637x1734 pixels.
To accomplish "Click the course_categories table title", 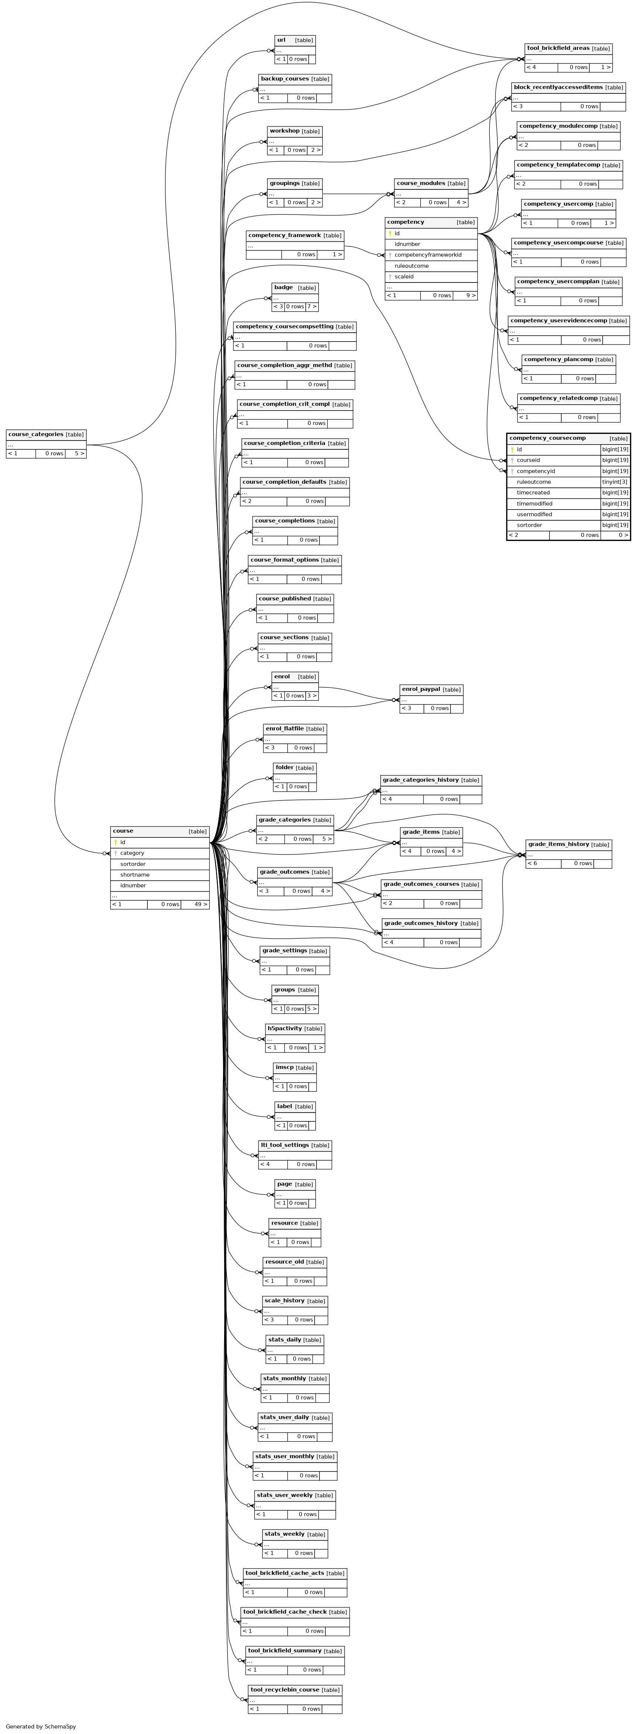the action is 36,434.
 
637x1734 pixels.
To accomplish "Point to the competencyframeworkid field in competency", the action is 428,255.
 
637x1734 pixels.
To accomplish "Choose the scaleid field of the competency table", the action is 404,277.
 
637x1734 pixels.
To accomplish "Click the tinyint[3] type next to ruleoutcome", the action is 615,482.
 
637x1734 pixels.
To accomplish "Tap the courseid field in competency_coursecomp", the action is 528,460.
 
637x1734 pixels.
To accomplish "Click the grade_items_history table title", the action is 558,844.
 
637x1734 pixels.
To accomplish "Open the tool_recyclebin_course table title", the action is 285,1690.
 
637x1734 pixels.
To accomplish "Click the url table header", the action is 281,40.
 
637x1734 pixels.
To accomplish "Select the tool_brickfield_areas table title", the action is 558,48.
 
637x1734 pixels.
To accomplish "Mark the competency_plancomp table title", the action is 558,359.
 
